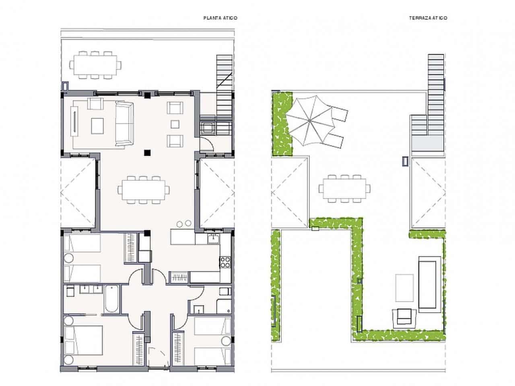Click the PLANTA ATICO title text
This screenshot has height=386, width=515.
[x=220, y=18]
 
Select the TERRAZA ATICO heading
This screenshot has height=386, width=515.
[x=428, y=18]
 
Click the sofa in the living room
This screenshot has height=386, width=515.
[x=124, y=124]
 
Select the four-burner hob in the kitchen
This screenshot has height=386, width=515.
[x=225, y=262]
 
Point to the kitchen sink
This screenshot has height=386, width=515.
[x=213, y=238]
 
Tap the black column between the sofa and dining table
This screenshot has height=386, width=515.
[x=148, y=152]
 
